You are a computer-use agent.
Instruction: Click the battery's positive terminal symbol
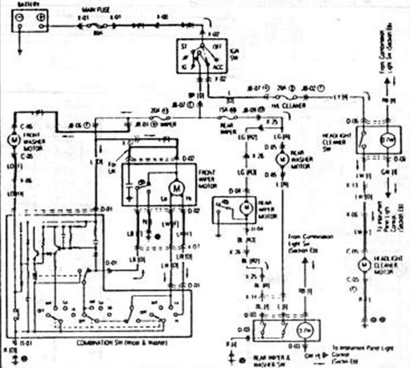pos(40,19)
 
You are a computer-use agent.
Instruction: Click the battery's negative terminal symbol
pos(20,19)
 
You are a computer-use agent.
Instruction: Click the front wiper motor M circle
pos(177,187)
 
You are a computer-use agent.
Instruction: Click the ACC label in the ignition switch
pos(218,67)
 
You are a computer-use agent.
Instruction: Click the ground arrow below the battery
pos(20,50)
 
